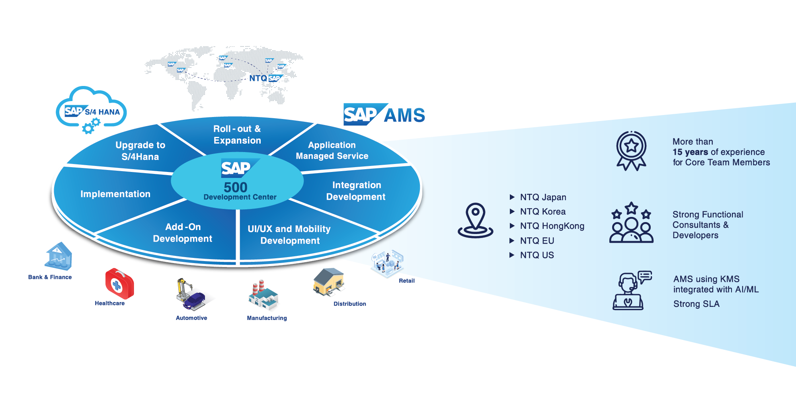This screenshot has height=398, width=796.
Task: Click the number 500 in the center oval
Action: coord(236,187)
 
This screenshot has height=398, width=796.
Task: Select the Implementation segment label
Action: coord(115,194)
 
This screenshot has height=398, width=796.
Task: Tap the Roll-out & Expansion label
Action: coord(237,135)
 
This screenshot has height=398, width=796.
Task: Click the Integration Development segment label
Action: coord(356,191)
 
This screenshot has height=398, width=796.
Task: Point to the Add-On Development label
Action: coord(183,233)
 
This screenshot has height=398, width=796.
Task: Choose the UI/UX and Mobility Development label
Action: coord(289,235)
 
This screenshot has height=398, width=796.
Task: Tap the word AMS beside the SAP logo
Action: coord(404,115)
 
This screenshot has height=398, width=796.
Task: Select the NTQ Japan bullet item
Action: coord(543,197)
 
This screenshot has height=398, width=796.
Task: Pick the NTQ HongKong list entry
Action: coord(552,226)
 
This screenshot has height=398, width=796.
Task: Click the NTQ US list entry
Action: coord(537,255)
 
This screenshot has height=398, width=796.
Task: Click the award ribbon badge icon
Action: coord(631,151)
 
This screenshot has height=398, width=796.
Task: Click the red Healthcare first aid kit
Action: coord(119,283)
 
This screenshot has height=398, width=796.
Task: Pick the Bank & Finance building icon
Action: coord(59,256)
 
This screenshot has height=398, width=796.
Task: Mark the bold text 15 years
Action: coord(690,152)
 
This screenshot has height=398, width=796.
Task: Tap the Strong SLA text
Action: coord(696,304)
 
